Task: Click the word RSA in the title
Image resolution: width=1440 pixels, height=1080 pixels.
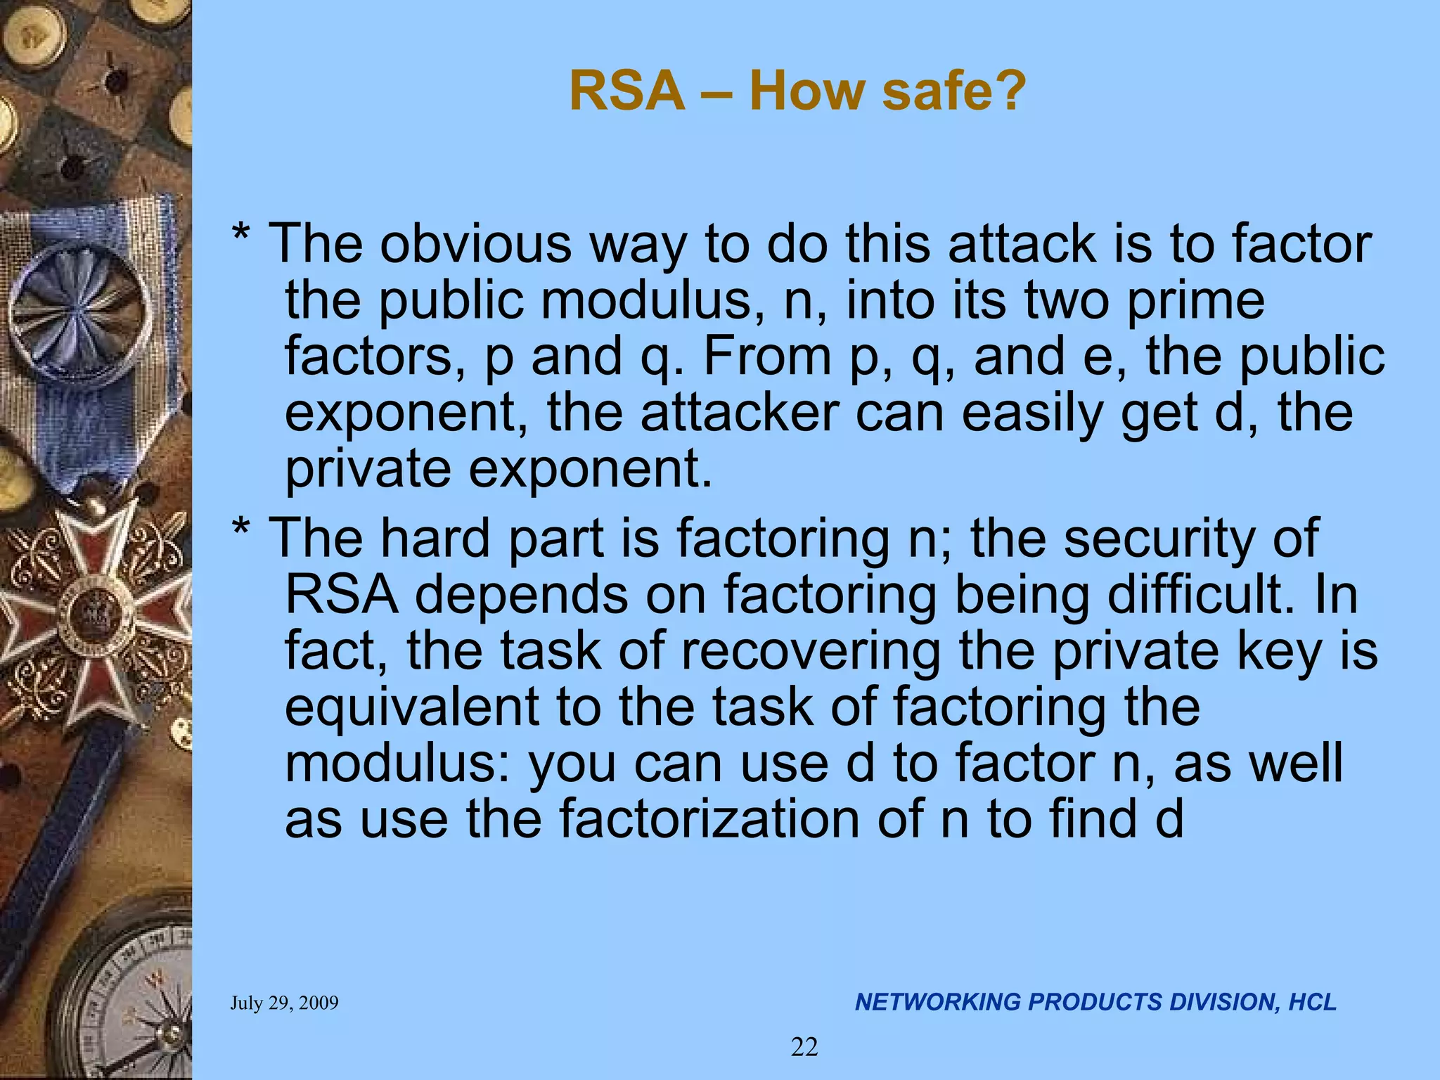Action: (626, 91)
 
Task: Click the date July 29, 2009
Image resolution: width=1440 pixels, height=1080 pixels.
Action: (284, 1003)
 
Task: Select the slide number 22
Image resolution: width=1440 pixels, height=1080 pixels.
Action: (804, 1048)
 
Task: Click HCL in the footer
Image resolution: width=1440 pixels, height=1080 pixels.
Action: (1312, 1002)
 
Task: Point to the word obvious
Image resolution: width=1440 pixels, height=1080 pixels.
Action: (475, 243)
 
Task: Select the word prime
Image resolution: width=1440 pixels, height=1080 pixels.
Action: (1195, 300)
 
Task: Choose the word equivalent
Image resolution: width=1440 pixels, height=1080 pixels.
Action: (412, 707)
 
